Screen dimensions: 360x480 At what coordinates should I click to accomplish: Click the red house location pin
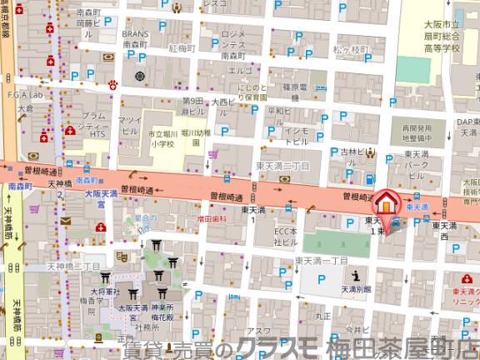pyautogui.click(x=386, y=202)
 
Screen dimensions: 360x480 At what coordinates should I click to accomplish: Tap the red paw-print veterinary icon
pyautogui.click(x=112, y=83)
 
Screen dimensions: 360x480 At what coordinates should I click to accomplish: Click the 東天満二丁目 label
pyautogui.click(x=283, y=166)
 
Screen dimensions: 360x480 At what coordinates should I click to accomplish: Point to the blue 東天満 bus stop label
pyautogui.click(x=417, y=205)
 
